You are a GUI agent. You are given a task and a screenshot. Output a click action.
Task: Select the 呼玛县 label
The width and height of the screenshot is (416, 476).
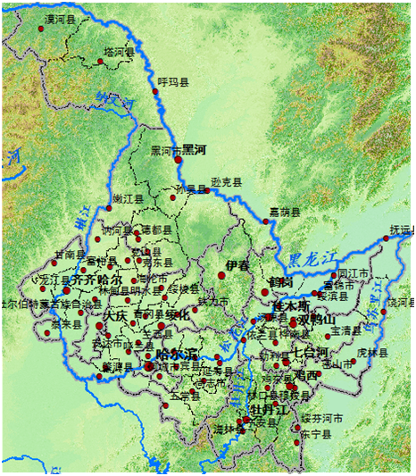(x=174, y=82)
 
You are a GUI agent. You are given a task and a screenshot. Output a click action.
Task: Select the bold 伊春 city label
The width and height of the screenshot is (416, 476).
(x=238, y=266)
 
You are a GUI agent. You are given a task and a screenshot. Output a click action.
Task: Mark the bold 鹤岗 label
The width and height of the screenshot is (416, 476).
(x=279, y=283)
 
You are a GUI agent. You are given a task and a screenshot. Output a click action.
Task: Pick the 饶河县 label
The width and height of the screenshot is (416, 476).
(x=401, y=304)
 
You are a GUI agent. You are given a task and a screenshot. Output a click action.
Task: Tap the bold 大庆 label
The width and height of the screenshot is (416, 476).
(x=114, y=315)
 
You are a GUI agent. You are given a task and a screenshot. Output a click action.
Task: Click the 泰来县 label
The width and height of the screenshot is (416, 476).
(x=41, y=323)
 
